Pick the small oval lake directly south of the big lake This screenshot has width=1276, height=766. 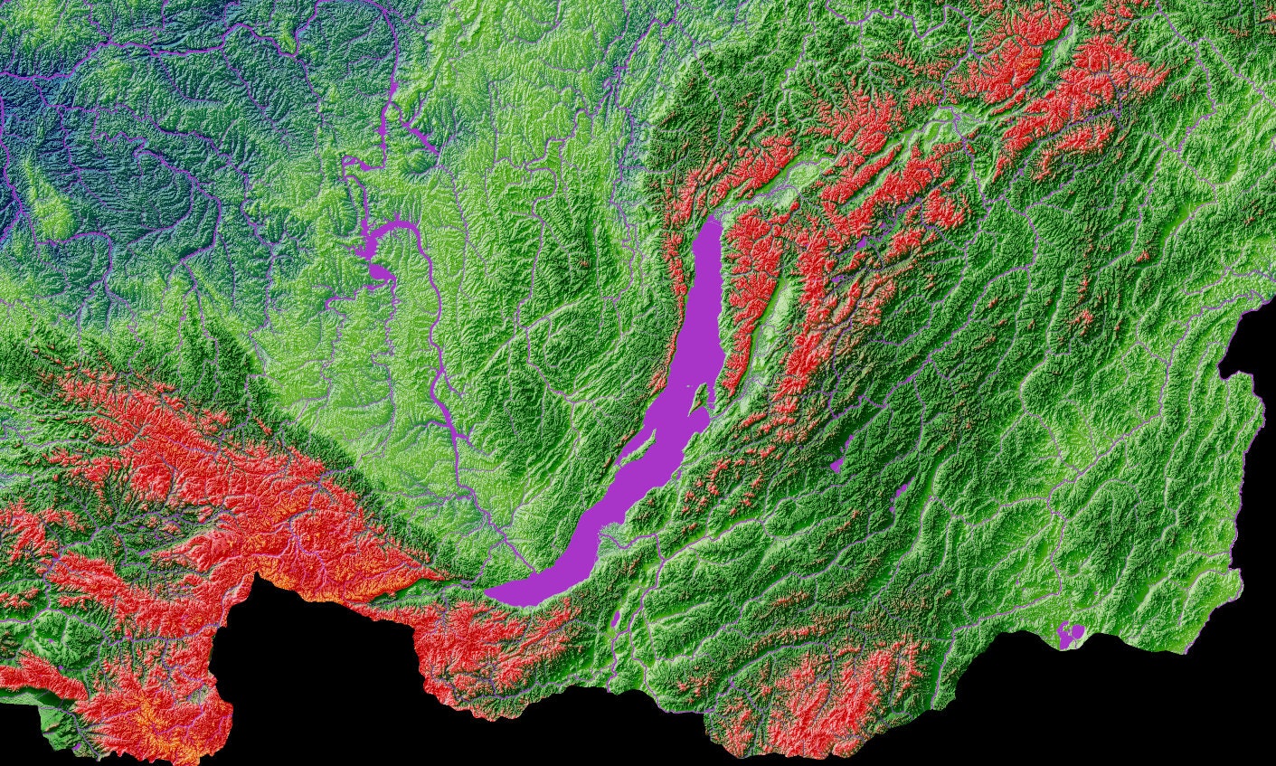pyautogui.click(x=616, y=619)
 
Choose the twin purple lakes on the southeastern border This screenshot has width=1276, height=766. pyautogui.click(x=1071, y=635)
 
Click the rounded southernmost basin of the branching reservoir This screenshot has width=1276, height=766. pyautogui.click(x=379, y=272)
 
